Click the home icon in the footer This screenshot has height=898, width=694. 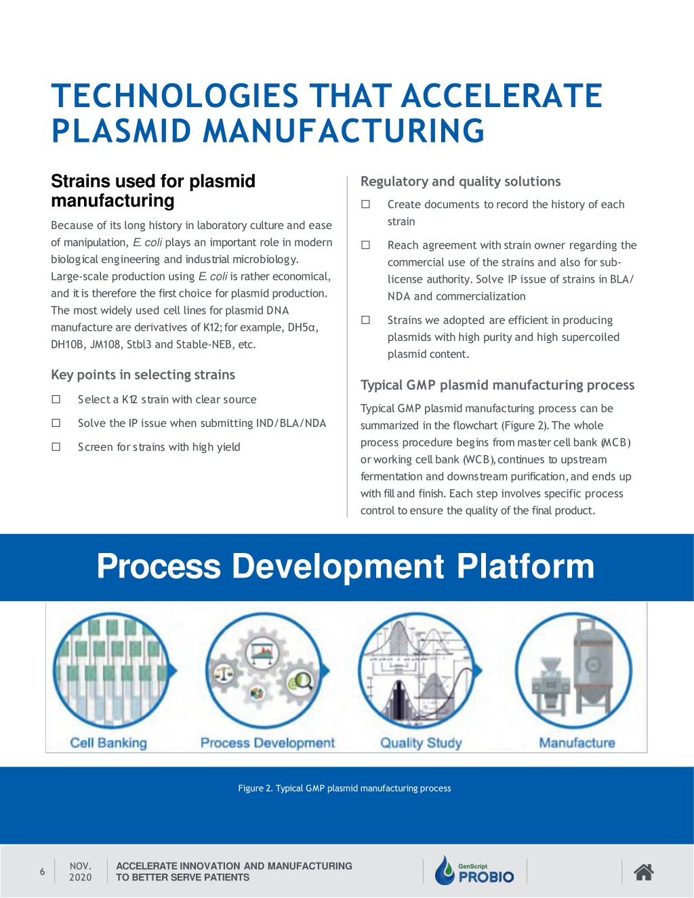(644, 872)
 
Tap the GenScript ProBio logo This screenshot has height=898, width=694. (474, 870)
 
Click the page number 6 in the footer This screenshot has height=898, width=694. (43, 872)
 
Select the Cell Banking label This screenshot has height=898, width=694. (108, 743)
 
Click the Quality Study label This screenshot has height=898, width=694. (421, 743)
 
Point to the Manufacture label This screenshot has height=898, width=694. (577, 743)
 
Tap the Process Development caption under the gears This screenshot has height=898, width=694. (267, 743)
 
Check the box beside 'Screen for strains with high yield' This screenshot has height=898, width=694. (56, 447)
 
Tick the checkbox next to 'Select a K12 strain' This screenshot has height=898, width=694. (56, 399)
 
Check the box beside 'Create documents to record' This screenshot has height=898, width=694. (365, 204)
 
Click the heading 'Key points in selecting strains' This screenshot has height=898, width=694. (143, 375)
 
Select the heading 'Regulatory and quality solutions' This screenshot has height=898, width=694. (461, 182)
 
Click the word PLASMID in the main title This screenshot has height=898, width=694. (121, 131)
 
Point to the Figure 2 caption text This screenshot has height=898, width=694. (344, 788)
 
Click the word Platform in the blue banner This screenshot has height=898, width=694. (525, 566)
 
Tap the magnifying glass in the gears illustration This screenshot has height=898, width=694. (304, 680)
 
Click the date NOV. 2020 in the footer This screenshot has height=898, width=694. (81, 872)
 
